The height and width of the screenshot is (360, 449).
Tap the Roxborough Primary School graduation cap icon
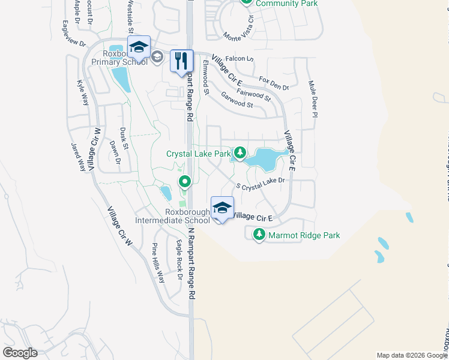click(x=139, y=47)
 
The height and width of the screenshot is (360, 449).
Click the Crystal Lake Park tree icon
click(x=240, y=154)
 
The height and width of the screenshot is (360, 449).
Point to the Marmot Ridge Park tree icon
click(x=259, y=235)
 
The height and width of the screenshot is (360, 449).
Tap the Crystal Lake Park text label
click(x=199, y=154)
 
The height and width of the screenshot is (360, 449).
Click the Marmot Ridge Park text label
click(x=304, y=235)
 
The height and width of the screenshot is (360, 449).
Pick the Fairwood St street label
click(x=254, y=94)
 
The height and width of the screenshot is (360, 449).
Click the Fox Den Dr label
click(x=274, y=83)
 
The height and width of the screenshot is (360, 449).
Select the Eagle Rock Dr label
click(x=178, y=259)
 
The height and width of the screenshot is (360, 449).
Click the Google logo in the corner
click(x=20, y=353)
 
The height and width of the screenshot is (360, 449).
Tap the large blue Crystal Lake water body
click(x=264, y=160)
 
